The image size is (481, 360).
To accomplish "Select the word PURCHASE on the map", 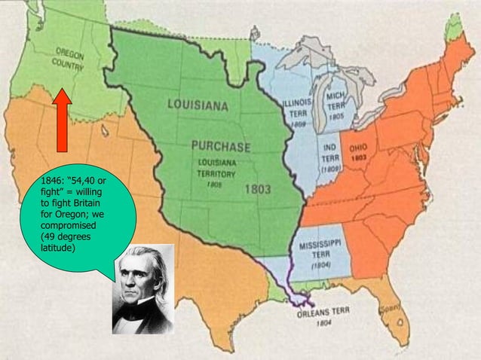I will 219,145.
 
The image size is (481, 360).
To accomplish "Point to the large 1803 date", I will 258,189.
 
